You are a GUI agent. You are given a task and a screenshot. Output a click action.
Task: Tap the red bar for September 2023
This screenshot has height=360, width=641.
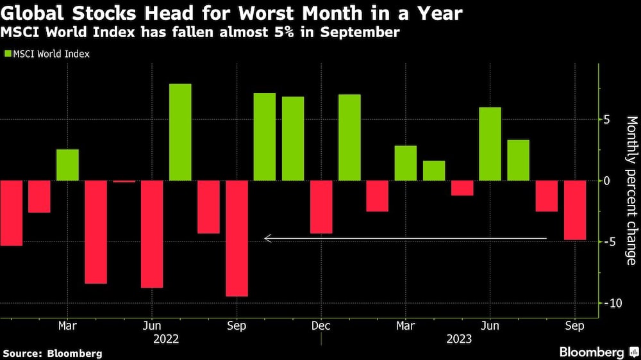pyautogui.click(x=575, y=210)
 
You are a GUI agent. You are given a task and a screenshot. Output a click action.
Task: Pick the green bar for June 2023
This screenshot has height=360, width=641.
pyautogui.click(x=490, y=143)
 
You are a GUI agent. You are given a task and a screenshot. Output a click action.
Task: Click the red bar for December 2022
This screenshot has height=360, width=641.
pyautogui.click(x=321, y=207)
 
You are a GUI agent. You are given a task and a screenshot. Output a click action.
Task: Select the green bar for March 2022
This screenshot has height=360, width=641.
pyautogui.click(x=67, y=165)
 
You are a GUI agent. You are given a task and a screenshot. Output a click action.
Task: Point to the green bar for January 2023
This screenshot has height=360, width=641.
pyautogui.click(x=349, y=138)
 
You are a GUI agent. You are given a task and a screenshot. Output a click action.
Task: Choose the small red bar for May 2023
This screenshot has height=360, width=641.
pyautogui.click(x=462, y=188)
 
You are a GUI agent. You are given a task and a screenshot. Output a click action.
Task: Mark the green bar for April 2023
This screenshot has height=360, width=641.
pyautogui.click(x=434, y=170)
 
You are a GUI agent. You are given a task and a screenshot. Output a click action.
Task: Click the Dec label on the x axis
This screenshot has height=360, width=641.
pyautogui.click(x=320, y=325)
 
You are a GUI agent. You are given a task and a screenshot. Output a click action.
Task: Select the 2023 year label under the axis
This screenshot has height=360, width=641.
pyautogui.click(x=459, y=338)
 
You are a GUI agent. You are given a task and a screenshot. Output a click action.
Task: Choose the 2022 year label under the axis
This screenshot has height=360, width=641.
pyautogui.click(x=166, y=338)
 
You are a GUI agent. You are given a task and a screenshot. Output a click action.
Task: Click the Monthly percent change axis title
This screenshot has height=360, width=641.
pyautogui.click(x=631, y=190)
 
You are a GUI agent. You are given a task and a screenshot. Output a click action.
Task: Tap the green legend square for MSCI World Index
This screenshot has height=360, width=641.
pyautogui.click(x=9, y=54)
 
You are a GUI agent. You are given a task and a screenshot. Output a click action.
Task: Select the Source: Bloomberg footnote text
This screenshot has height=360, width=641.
pyautogui.click(x=52, y=353)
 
